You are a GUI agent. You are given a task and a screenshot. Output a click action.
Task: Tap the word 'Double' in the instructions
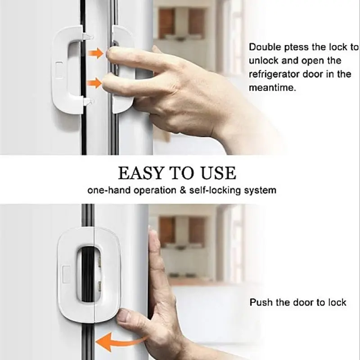[265, 47]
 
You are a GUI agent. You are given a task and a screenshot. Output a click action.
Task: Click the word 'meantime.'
[272, 88]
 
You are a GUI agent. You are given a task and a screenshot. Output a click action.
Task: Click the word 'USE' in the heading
[218, 173]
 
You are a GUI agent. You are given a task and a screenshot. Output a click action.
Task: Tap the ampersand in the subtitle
[183, 190]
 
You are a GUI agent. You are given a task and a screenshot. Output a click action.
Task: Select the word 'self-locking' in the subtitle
[215, 190]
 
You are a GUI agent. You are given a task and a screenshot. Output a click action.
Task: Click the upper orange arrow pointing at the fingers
[96, 53]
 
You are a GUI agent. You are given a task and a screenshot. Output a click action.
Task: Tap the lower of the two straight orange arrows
[94, 83]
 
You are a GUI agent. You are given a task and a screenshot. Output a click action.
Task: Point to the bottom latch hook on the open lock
[88, 102]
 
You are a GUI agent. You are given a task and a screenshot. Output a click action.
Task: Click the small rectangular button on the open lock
[59, 70]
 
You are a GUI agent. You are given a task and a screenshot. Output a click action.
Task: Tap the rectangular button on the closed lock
[66, 274]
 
